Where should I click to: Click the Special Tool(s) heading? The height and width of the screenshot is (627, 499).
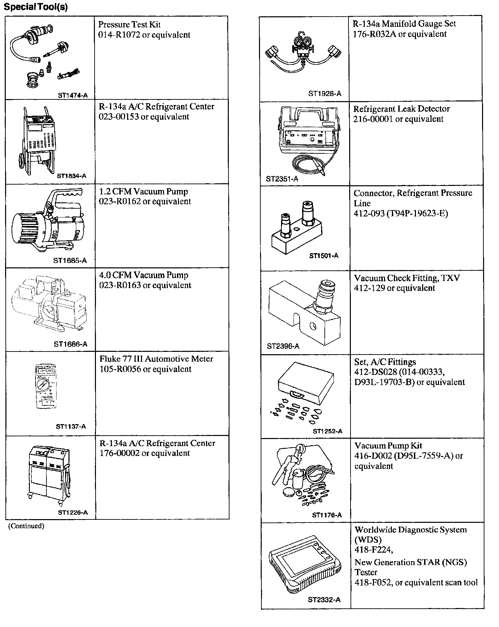tap(36, 7)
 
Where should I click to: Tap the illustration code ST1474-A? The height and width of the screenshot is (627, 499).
tap(73, 95)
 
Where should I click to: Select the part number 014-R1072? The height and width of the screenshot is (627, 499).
tap(119, 35)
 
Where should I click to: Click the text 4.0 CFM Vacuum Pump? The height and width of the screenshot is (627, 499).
tap(144, 275)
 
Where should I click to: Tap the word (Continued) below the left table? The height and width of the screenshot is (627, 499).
tap(26, 526)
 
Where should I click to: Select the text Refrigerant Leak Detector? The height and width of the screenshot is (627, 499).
tap(401, 109)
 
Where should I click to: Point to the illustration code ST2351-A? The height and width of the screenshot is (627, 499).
tap(282, 179)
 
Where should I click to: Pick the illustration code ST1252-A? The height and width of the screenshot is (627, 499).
tap(327, 431)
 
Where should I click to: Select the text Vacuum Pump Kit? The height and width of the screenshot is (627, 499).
tap(388, 446)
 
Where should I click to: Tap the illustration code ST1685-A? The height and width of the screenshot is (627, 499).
tap(70, 261)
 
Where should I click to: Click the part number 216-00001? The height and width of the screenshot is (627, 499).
tap(373, 119)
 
